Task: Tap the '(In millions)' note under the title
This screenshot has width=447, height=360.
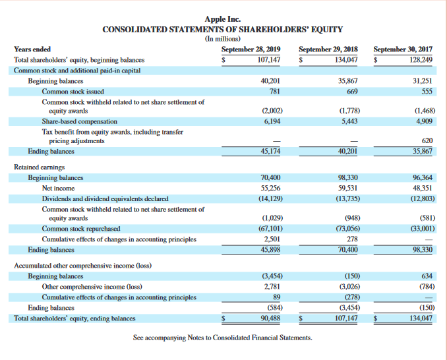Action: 223,40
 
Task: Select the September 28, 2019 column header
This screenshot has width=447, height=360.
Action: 251,49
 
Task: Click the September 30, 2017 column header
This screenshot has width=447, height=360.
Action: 403,49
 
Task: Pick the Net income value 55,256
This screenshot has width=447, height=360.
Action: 272,188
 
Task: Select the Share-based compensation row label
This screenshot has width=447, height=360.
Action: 80,121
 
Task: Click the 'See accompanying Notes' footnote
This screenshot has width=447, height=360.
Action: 223,338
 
